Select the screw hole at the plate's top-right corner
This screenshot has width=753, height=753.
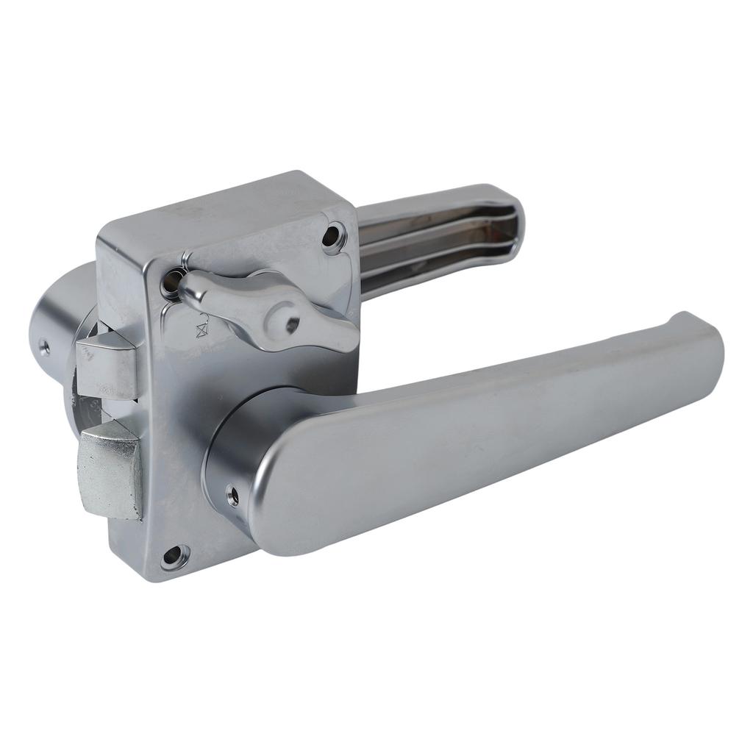pyautogui.click(x=333, y=235)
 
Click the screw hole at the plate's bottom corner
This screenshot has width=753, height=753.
pyautogui.click(x=174, y=556)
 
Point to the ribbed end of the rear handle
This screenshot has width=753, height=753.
pyautogui.click(x=507, y=221)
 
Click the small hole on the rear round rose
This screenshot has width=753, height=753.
pyautogui.click(x=45, y=346)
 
